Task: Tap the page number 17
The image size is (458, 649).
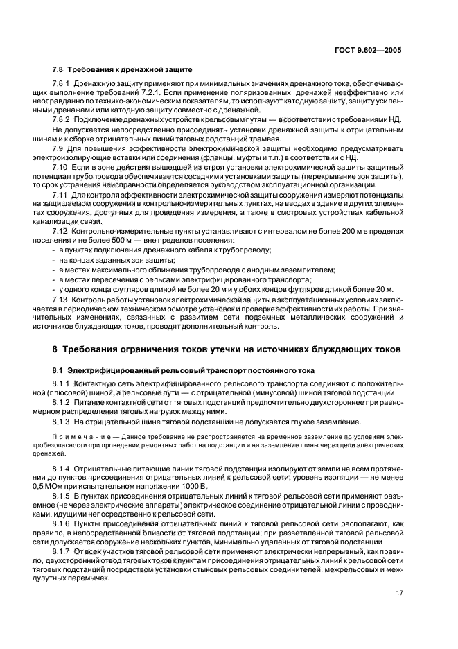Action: pos(400,592)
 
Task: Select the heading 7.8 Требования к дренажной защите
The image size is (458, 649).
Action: pos(123,70)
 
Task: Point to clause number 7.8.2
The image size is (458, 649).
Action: pos(64,119)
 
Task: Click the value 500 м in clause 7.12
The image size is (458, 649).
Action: pos(109,239)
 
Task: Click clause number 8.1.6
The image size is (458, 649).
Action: pos(64,526)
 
